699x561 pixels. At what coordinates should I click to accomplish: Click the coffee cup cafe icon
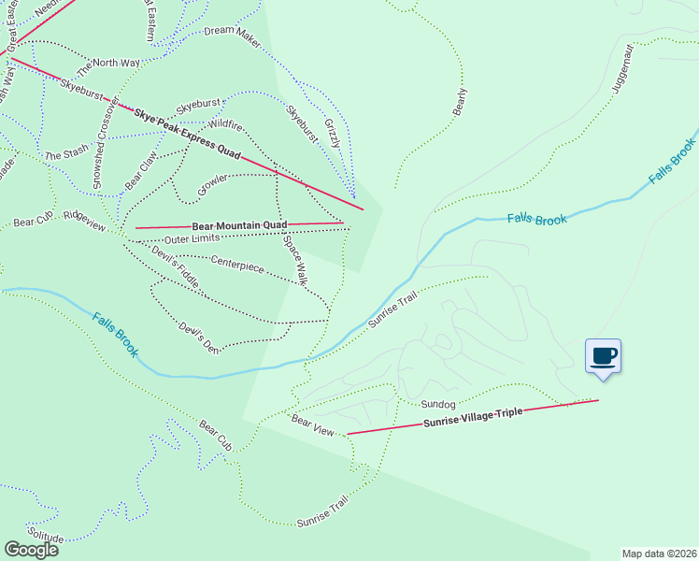click(603, 356)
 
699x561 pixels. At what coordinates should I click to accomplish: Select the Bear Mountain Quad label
click(239, 225)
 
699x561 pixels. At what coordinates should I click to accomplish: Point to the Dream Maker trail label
click(232, 31)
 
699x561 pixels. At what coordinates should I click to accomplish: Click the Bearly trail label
click(459, 102)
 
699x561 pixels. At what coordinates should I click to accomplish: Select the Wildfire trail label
click(225, 123)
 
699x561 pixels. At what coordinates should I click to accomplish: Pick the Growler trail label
click(213, 184)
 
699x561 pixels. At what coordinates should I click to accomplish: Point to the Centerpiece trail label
click(237, 266)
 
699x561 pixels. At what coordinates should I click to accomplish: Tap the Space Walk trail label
click(295, 259)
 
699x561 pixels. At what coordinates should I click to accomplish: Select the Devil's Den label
click(199, 338)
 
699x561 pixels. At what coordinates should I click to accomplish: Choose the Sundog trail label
click(437, 405)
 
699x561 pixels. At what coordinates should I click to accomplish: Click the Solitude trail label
click(45, 538)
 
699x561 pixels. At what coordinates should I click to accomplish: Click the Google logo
click(30, 550)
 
